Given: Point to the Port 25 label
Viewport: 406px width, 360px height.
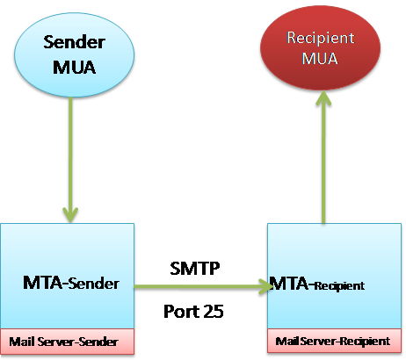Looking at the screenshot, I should pyautogui.click(x=193, y=310).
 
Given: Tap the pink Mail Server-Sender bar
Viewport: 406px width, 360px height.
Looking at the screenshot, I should pyautogui.click(x=68, y=341).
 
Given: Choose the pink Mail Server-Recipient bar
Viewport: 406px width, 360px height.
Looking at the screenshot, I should pyautogui.click(x=333, y=341).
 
